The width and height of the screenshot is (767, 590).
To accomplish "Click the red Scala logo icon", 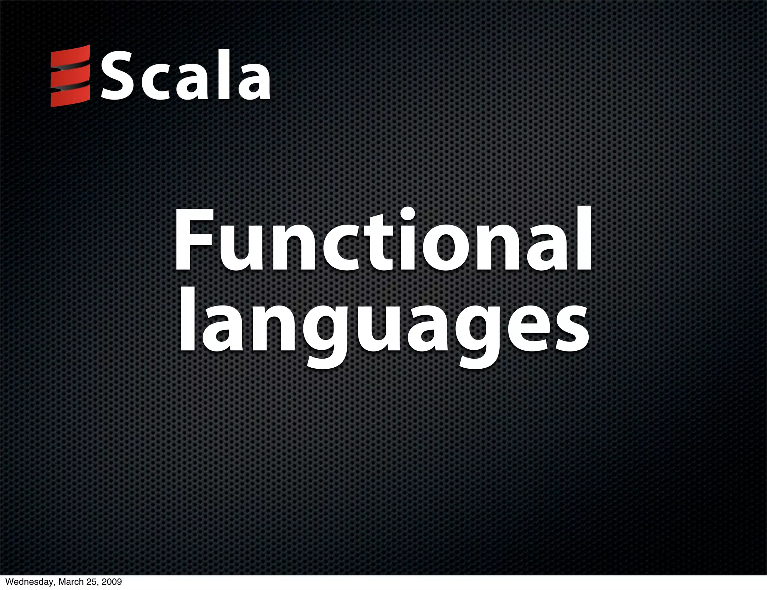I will point(70,76).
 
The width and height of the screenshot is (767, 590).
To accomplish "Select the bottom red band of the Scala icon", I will point(70,97).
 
